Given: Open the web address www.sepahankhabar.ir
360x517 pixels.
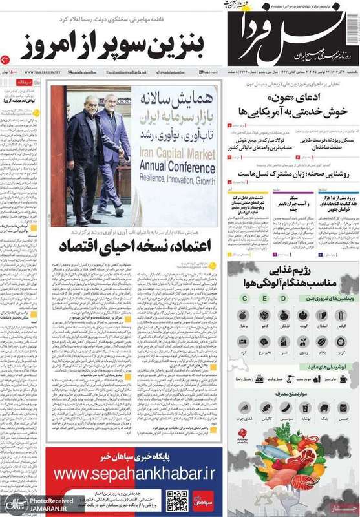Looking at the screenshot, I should [x=134, y=474].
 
